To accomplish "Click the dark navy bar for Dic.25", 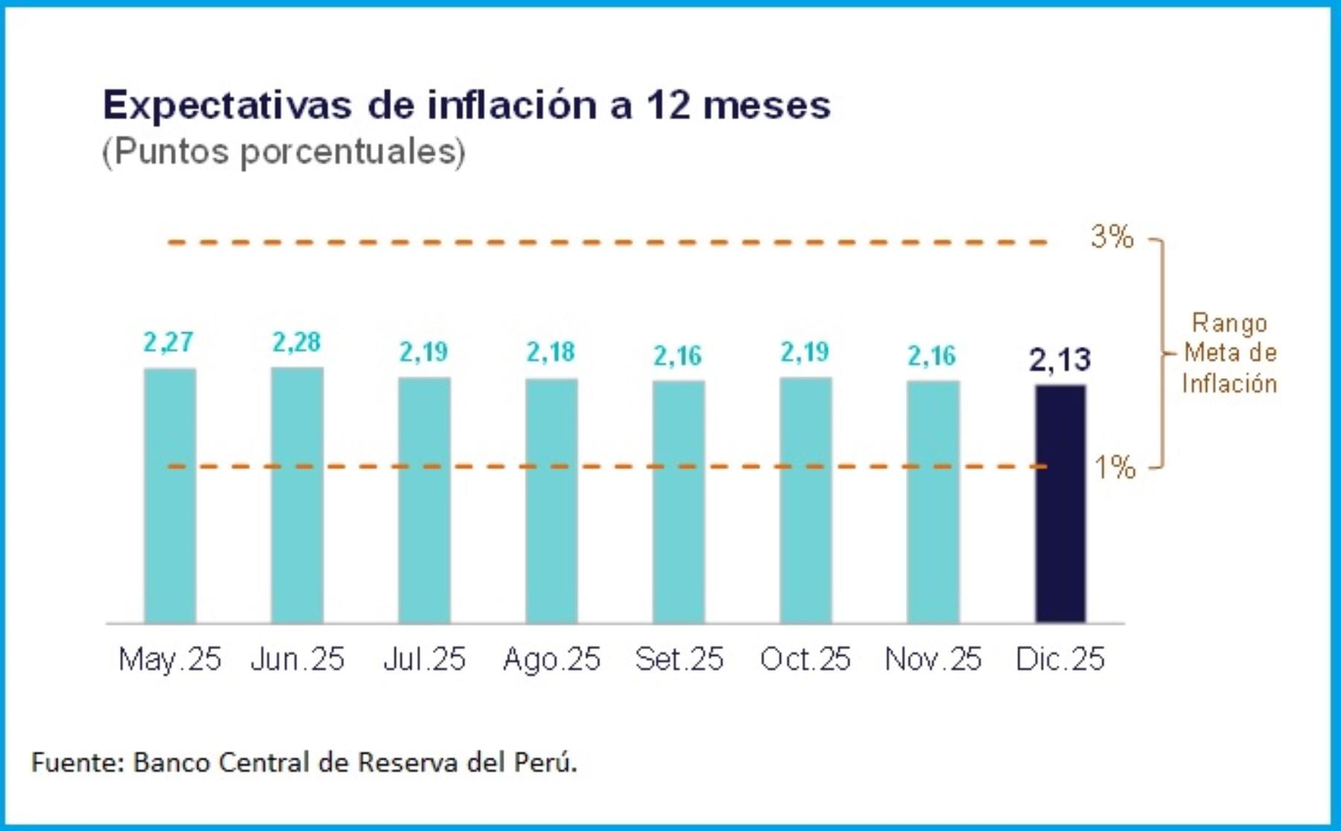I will coord(1060,504).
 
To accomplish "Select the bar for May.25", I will coord(170,496).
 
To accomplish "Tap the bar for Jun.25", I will coord(297,495).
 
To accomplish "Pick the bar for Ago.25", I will coord(551,501).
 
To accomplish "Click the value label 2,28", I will coord(297,342).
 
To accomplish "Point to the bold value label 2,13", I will coord(1059,360).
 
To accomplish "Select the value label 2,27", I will coord(168,342).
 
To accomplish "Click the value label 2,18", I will coord(551,352).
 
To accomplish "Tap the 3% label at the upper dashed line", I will coord(1112,237).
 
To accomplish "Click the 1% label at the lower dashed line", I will coord(1115,467).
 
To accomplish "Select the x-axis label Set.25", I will coord(679,659).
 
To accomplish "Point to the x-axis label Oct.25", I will coord(805,659).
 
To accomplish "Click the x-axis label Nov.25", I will coord(933,659).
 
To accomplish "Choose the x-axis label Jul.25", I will coord(424,659).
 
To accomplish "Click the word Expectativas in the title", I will coord(227,105).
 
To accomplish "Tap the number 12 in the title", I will coord(668,105).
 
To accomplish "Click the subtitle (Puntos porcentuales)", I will coord(284,151).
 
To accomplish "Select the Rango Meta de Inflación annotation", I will coord(1229,353).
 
